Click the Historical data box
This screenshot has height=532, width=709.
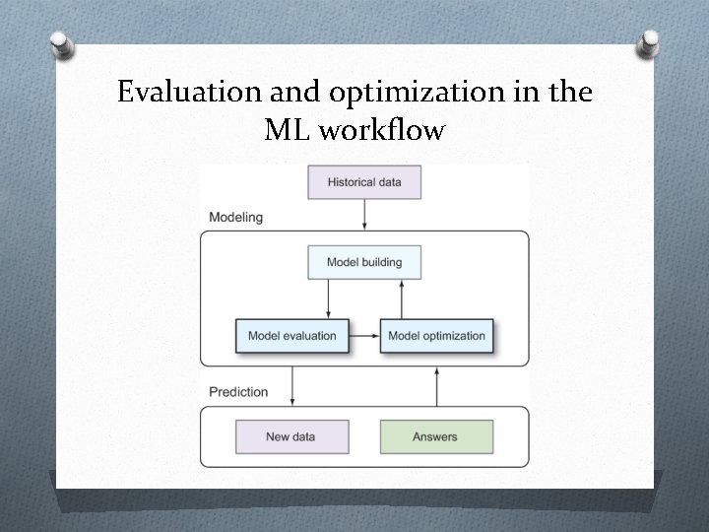(x=364, y=182)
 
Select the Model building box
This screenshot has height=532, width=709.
(x=364, y=262)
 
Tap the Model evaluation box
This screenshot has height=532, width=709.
(x=291, y=336)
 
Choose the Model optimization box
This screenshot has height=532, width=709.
(x=436, y=336)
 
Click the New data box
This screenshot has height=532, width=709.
(x=291, y=436)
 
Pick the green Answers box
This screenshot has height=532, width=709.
(x=436, y=436)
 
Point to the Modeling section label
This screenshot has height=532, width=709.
(x=236, y=217)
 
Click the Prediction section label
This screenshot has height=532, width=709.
(x=238, y=392)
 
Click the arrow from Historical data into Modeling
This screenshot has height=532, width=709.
(x=364, y=215)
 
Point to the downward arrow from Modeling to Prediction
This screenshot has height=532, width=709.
(x=291, y=385)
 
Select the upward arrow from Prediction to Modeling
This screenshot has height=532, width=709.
(x=436, y=385)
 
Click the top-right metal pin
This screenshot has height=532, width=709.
(x=648, y=42)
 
